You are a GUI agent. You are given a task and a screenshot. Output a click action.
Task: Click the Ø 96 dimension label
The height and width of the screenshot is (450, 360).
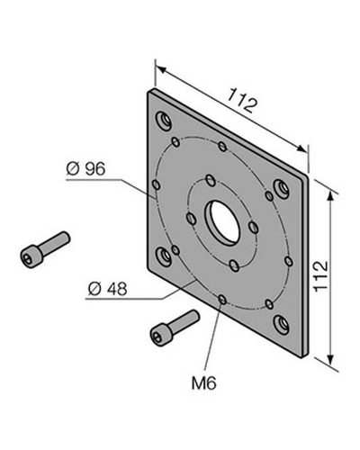(85, 168)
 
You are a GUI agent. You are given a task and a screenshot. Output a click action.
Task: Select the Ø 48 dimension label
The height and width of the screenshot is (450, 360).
(108, 289)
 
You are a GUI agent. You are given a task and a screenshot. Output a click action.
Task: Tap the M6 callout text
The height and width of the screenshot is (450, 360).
(204, 383)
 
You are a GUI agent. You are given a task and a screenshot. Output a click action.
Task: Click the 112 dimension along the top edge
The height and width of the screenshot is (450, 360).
(242, 100)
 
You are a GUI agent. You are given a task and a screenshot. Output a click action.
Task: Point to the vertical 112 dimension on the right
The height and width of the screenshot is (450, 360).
(320, 275)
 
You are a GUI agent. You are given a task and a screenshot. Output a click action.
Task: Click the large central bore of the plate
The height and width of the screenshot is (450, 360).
(222, 222)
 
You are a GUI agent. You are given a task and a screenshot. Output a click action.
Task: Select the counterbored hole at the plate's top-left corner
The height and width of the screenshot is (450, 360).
(164, 121)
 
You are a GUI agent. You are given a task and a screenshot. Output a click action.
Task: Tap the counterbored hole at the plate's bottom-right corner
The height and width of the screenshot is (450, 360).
(282, 324)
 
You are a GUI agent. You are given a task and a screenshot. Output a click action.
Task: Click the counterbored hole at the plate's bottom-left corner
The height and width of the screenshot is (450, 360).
(164, 256)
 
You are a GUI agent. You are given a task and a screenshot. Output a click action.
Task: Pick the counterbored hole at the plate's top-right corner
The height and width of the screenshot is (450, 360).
(282, 189)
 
